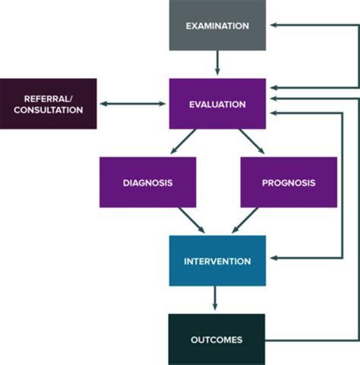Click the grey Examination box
point(217,27)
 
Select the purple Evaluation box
point(217,103)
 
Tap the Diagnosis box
point(147,182)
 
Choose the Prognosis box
point(289,182)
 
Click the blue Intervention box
point(217,261)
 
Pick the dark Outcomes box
point(217,339)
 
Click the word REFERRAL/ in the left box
point(49,97)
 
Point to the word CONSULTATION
point(49,109)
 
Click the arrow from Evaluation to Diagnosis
point(183,142)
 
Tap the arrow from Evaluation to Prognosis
point(251,142)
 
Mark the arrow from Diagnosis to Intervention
point(190,221)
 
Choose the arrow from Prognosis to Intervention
point(245,221)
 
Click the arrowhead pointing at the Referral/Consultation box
point(103,103)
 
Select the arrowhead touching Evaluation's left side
point(163,103)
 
